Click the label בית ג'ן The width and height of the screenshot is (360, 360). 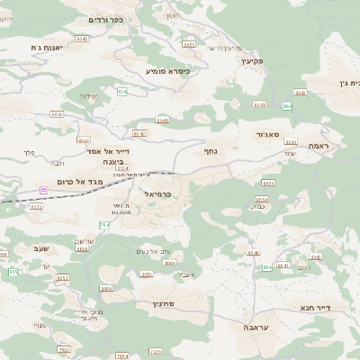(x=349, y=83)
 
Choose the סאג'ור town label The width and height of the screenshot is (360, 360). (x=268, y=133)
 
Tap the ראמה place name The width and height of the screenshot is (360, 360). (x=316, y=145)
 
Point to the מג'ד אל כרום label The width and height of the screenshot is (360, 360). (x=88, y=182)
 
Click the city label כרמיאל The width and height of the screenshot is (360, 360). (x=157, y=193)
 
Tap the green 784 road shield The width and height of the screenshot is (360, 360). (x=104, y=224)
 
